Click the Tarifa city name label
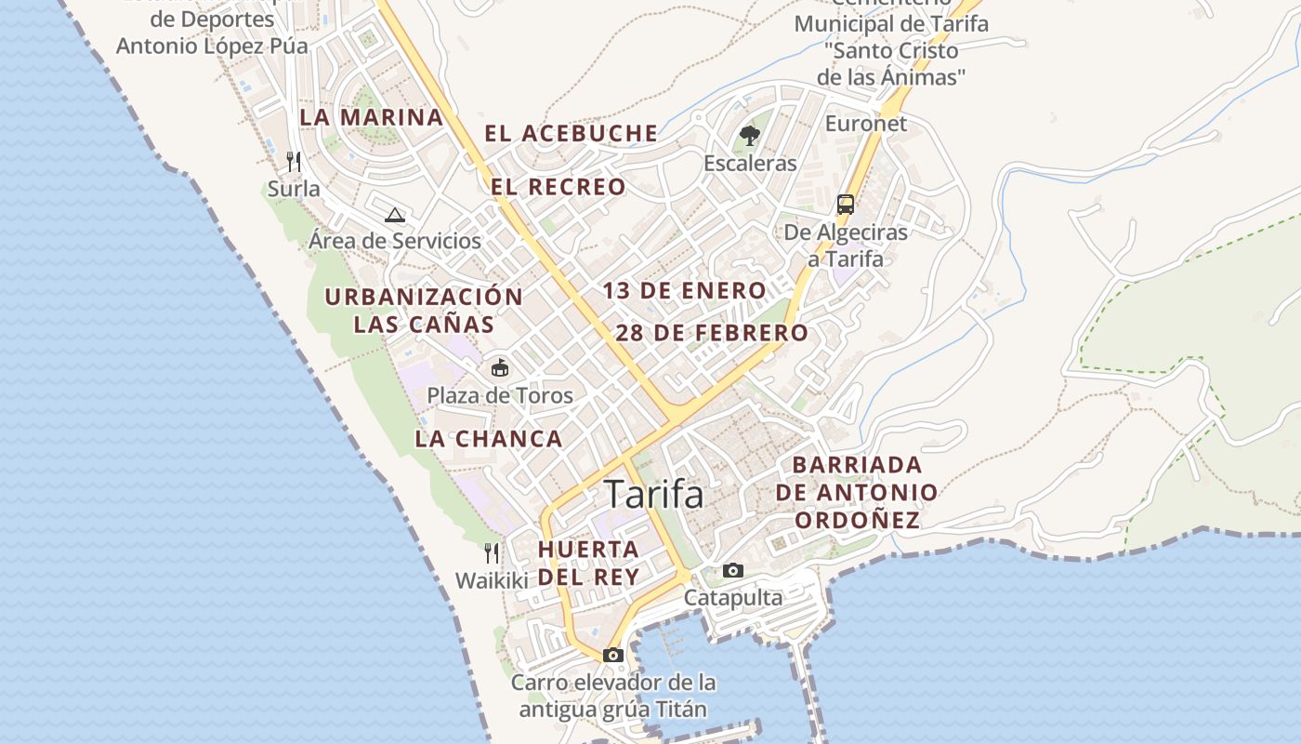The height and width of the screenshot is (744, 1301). pos(653,494)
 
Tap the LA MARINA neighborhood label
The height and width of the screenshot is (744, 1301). pos(371,117)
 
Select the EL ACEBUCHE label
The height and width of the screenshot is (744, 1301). pos(571,133)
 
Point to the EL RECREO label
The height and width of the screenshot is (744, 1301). pos(559,187)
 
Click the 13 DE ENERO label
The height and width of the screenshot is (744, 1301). pos(684,290)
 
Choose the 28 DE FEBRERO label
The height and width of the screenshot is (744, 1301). pos(712,333)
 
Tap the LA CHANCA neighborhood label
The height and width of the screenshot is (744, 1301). pos(489,439)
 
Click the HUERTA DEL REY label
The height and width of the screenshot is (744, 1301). pos(588,563)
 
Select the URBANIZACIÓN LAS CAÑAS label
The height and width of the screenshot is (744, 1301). pos(424,311)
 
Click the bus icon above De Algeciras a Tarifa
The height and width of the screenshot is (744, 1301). pos(846,204)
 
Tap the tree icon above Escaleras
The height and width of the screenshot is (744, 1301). pos(750,136)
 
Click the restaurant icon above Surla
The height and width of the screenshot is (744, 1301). pos(294,162)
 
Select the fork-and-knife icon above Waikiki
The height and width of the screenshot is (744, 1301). pos(492,553)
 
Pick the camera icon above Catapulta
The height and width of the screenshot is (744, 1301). pos(733,570)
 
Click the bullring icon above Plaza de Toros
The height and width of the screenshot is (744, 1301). pos(500,367)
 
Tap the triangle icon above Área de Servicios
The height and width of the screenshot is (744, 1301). pos(395,215)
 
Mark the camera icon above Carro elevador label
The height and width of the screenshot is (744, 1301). pos(612,655)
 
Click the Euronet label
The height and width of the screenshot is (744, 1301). pos(866,123)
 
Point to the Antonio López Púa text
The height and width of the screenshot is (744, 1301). pos(212,45)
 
